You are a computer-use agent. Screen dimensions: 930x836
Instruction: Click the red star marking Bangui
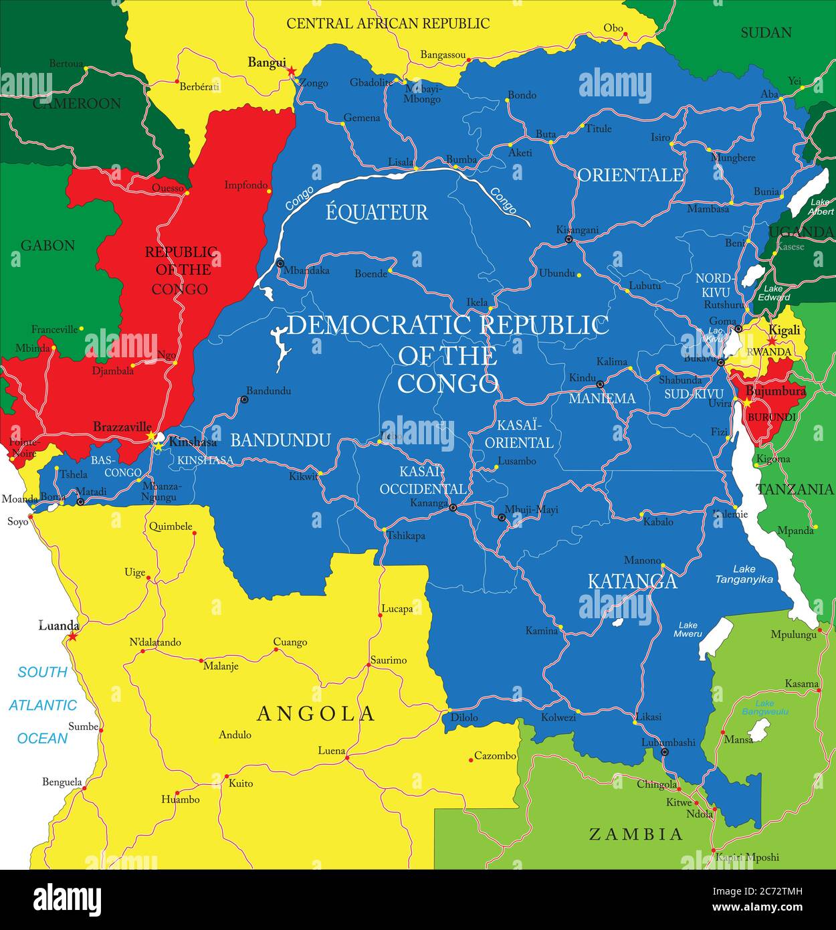pos(291,71)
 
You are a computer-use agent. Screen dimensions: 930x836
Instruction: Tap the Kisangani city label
pos(577,229)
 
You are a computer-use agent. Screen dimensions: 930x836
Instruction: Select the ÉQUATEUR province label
pos(377,213)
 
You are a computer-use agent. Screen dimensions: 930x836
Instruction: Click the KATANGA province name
pos(632,581)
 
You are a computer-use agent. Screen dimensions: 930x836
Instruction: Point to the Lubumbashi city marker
pos(664,753)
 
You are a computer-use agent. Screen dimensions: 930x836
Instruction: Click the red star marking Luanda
pos(72,636)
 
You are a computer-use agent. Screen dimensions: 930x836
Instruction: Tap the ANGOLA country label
pos(316,713)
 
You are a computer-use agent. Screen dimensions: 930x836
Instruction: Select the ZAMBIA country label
pos(635,834)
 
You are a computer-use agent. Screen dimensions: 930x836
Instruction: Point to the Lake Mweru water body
pos(714,638)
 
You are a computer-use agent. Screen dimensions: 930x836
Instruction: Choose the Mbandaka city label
pos(306,271)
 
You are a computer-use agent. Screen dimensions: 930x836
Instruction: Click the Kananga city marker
pos(453,508)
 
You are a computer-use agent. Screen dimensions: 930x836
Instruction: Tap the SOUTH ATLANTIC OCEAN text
pos(43,705)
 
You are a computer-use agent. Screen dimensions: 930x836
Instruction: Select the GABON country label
pos(47,246)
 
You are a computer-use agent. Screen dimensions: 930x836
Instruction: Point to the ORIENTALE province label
pos(631,175)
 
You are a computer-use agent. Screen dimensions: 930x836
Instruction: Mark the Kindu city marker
pos(600,385)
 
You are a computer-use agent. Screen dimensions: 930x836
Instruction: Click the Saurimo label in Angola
pos(388,660)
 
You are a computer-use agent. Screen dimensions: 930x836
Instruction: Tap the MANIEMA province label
pos(601,399)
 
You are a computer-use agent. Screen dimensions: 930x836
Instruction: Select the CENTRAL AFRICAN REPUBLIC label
pos(388,23)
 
